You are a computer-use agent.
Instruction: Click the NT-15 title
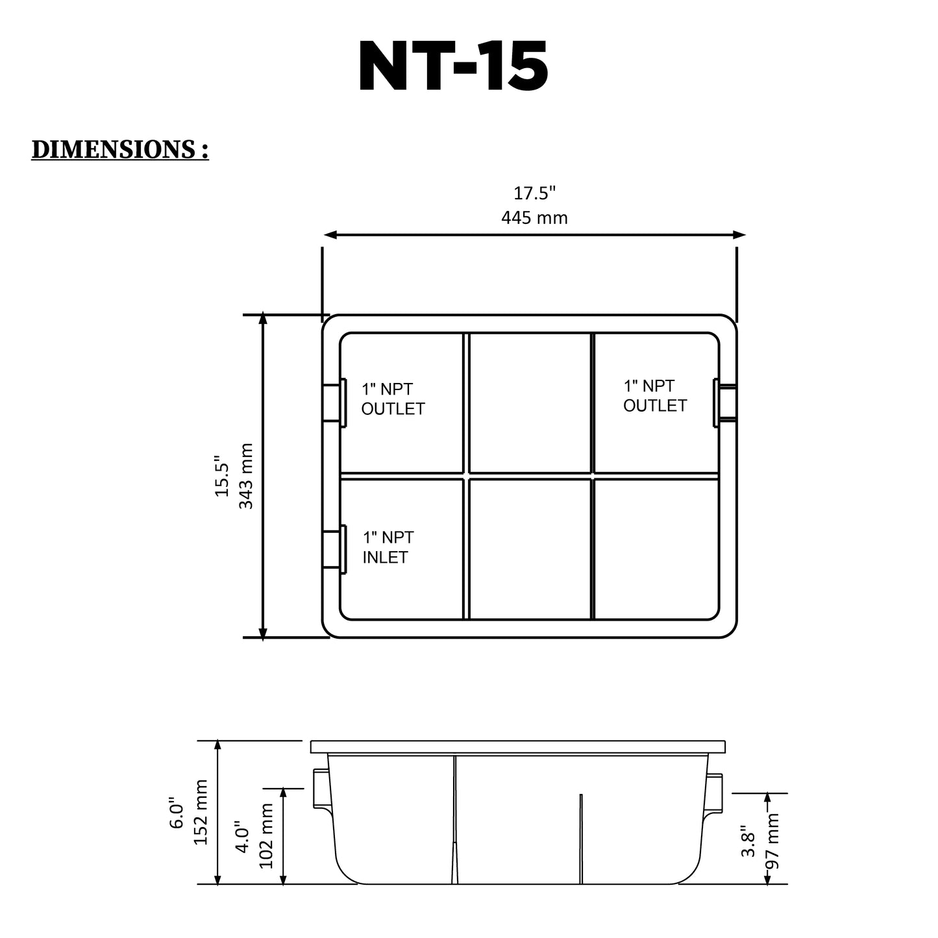click(x=453, y=66)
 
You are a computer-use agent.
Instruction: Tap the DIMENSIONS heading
click(x=120, y=149)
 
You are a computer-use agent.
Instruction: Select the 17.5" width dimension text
click(x=534, y=193)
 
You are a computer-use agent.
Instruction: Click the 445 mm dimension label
click(x=534, y=217)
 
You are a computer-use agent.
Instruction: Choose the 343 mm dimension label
click(x=246, y=476)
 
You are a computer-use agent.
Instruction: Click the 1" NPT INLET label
click(x=388, y=547)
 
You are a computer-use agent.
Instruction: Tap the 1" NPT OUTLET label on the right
click(x=655, y=396)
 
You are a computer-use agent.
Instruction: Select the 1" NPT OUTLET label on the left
click(x=393, y=399)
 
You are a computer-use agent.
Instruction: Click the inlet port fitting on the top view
click(x=334, y=549)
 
